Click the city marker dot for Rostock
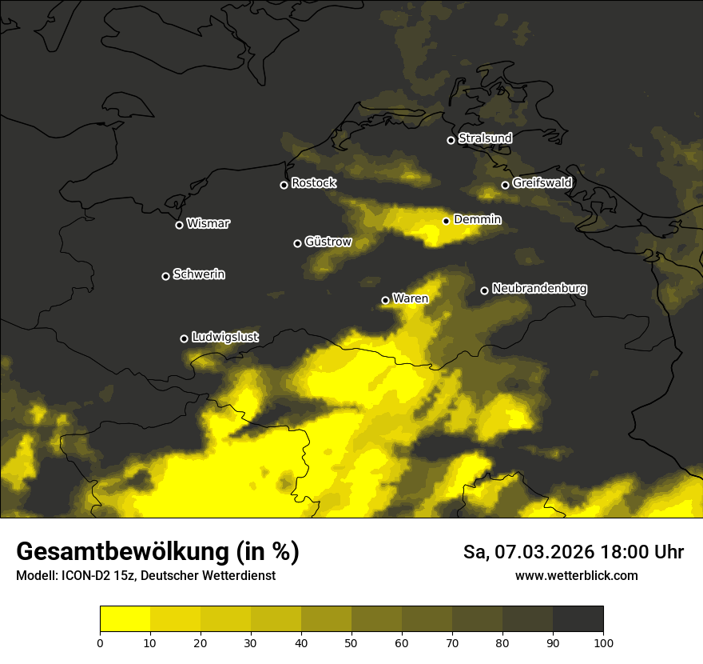(284, 186)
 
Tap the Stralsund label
(485, 138)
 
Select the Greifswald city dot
(505, 185)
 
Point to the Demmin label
(477, 219)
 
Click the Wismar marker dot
(179, 225)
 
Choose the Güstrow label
(328, 242)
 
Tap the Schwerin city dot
(165, 276)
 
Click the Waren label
(411, 298)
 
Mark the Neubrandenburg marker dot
(484, 290)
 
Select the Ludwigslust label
(224, 337)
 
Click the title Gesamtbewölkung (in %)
(157, 552)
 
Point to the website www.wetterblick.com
(576, 575)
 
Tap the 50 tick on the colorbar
(351, 642)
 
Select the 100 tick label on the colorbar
(603, 642)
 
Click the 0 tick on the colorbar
(100, 642)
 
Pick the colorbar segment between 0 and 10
(125, 619)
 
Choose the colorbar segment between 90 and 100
(578, 619)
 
